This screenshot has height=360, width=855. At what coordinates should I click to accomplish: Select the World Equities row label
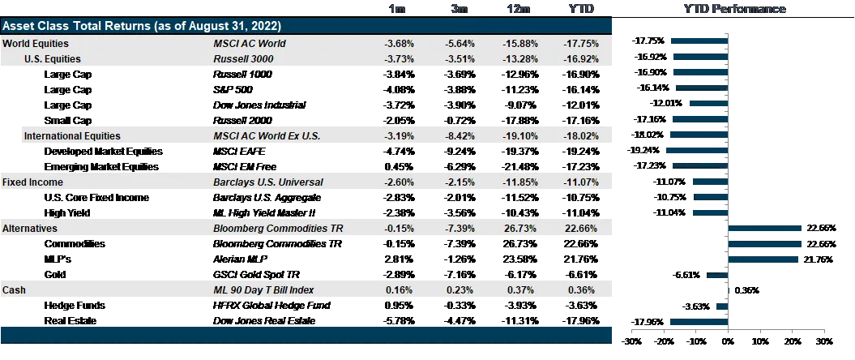tap(36, 43)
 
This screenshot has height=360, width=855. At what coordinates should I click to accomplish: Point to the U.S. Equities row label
tap(53, 58)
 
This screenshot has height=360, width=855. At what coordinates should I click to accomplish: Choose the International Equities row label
tap(72, 136)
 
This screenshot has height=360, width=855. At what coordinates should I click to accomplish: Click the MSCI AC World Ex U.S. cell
tap(267, 136)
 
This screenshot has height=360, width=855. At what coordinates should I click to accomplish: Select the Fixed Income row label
tap(32, 182)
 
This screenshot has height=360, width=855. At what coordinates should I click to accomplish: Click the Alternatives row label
tap(30, 229)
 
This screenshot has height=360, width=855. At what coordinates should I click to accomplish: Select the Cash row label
tap(14, 289)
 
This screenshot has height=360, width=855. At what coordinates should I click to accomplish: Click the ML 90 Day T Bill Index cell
tap(263, 289)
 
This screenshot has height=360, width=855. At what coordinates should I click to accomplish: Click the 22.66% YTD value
tap(579, 229)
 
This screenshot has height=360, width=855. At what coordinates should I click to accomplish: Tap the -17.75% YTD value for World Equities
tap(579, 43)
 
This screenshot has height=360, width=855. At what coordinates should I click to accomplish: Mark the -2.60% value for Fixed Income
tap(399, 182)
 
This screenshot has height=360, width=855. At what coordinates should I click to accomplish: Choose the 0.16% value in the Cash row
tap(400, 289)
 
